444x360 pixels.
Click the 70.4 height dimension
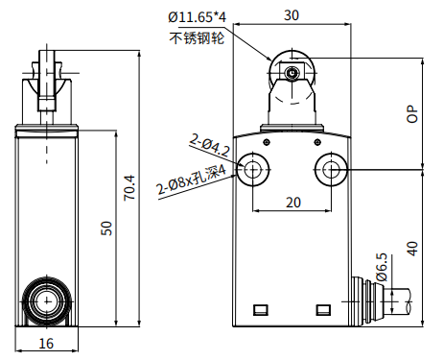pyautogui.click(x=129, y=187)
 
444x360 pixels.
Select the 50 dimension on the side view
pyautogui.click(x=106, y=228)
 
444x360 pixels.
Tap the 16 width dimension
pyautogui.click(x=46, y=344)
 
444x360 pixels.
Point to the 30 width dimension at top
pyautogui.click(x=292, y=15)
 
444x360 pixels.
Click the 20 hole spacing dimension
pyautogui.click(x=293, y=203)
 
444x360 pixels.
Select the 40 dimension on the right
pyautogui.click(x=412, y=249)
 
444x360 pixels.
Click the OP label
pyautogui.click(x=412, y=114)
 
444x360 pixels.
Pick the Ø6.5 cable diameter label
pyautogui.click(x=382, y=267)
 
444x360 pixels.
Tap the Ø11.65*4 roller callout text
pyautogui.click(x=198, y=17)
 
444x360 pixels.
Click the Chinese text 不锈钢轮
pyautogui.click(x=197, y=38)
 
